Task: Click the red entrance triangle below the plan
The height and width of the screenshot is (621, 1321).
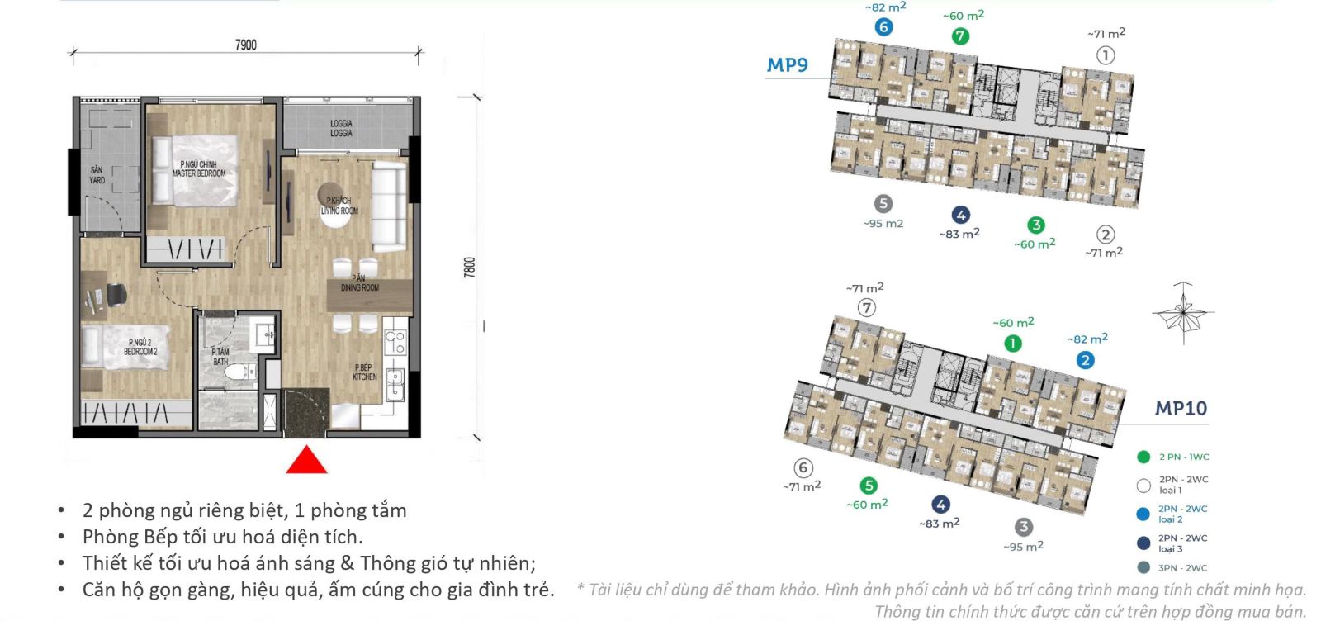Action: click(x=306, y=461)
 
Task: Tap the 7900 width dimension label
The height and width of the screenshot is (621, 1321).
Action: click(x=246, y=45)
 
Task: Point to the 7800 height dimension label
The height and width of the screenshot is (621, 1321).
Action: click(x=469, y=267)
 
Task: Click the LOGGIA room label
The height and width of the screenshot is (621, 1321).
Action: click(x=341, y=128)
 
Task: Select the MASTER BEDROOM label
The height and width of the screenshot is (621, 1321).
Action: click(x=199, y=169)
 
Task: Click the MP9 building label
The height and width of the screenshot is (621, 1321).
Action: click(x=787, y=65)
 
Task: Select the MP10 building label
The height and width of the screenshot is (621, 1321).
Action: click(x=1181, y=408)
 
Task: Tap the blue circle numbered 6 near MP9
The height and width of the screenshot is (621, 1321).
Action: click(x=883, y=27)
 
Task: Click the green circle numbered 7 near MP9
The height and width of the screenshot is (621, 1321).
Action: click(x=959, y=36)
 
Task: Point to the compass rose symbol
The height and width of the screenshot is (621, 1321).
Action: click(x=1183, y=312)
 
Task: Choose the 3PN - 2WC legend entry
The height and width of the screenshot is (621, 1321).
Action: click(x=1172, y=568)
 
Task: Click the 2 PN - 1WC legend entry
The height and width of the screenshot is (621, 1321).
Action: click(x=1172, y=457)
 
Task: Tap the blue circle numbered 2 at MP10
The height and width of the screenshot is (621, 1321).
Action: click(x=1085, y=360)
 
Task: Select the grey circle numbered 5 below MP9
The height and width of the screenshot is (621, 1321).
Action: click(x=883, y=203)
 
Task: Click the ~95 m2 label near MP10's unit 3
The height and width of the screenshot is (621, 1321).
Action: click(x=1023, y=546)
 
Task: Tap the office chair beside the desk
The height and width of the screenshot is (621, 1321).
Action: click(x=116, y=293)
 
